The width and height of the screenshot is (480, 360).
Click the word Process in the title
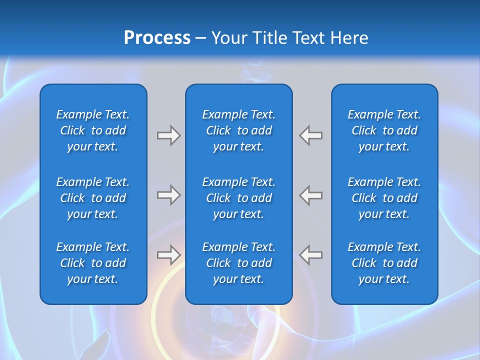[157, 37]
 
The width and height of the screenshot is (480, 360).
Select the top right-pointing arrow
[168, 135]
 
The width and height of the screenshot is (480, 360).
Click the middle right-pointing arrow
[168, 195]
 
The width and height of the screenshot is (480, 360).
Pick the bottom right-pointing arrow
[168, 255]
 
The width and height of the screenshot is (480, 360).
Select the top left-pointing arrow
[311, 135]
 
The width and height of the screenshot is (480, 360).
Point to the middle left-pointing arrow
[311, 195]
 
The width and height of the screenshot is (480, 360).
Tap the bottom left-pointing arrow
[311, 255]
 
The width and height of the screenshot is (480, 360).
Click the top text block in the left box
[93, 130]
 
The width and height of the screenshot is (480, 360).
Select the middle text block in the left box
[93, 198]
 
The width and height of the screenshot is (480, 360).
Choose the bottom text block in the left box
[93, 263]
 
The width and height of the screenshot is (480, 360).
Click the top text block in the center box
[239, 130]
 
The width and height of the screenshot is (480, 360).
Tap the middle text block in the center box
[239, 198]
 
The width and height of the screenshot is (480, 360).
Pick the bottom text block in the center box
[239, 263]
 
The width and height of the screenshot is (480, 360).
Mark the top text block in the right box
[384, 130]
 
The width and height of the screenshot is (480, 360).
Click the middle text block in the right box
[384, 198]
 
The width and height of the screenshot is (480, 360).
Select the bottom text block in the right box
[384, 263]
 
